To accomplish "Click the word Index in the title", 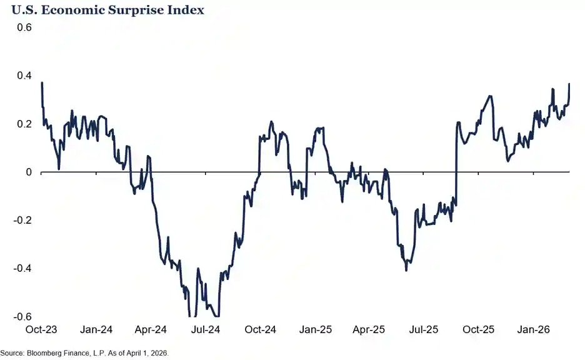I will coord(189,11).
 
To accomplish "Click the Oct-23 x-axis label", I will coord(41,329).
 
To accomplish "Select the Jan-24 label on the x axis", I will coord(96,329).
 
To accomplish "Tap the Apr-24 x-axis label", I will coord(151,329).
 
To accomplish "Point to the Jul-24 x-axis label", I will coord(206,329).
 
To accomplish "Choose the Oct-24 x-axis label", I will coord(261,329).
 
